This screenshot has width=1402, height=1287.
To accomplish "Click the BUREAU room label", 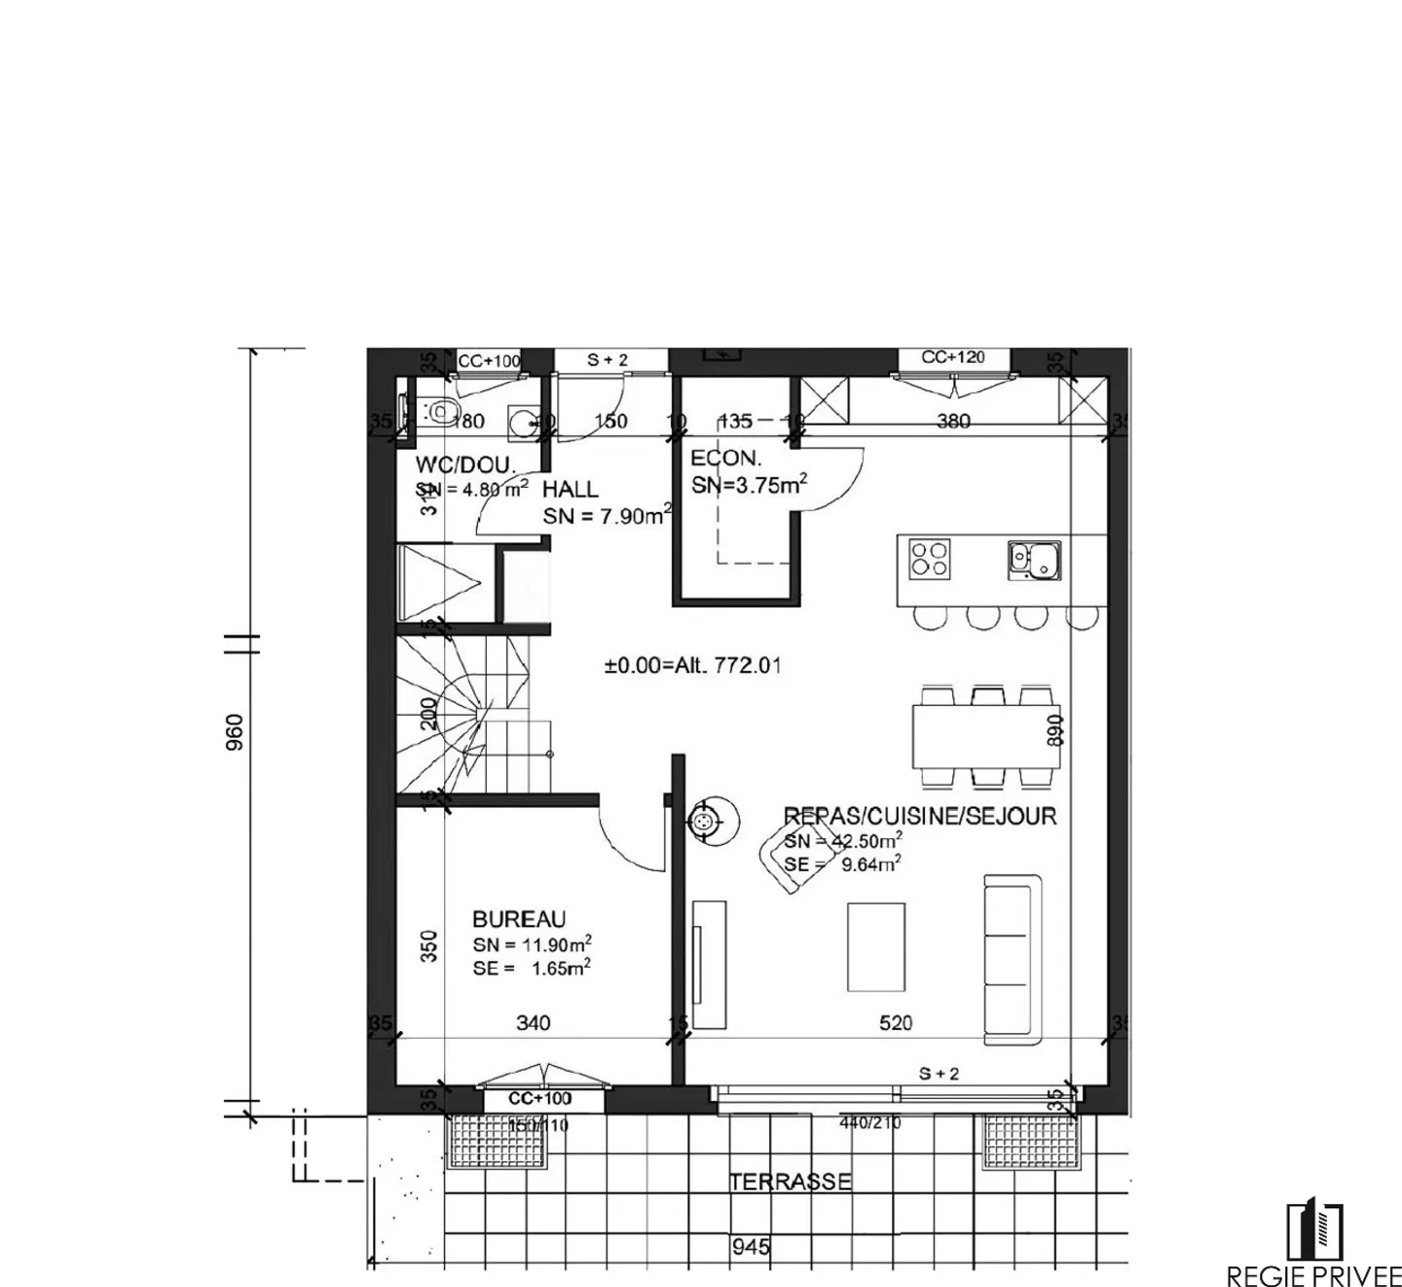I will click(519, 919).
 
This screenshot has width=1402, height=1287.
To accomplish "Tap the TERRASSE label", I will click(790, 1182).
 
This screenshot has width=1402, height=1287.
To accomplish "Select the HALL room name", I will click(571, 489).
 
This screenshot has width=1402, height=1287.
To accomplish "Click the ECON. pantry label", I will click(725, 459).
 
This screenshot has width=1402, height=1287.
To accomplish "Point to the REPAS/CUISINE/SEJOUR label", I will click(920, 816).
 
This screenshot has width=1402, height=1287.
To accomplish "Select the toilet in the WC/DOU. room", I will click(439, 412).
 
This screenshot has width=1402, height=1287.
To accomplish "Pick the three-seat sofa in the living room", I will click(1012, 956).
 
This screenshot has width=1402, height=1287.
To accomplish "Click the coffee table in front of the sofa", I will click(875, 946).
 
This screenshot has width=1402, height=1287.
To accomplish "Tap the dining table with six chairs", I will click(985, 736).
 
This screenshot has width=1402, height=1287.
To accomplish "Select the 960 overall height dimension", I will click(235, 732).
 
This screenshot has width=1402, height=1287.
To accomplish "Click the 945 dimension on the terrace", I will click(751, 1246).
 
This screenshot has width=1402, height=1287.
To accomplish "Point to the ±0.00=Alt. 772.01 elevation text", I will click(692, 666).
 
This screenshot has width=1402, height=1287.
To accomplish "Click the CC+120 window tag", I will click(953, 357).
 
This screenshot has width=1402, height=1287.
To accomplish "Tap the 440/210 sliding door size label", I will click(870, 1122).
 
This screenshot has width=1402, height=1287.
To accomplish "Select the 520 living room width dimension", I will click(896, 1022).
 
